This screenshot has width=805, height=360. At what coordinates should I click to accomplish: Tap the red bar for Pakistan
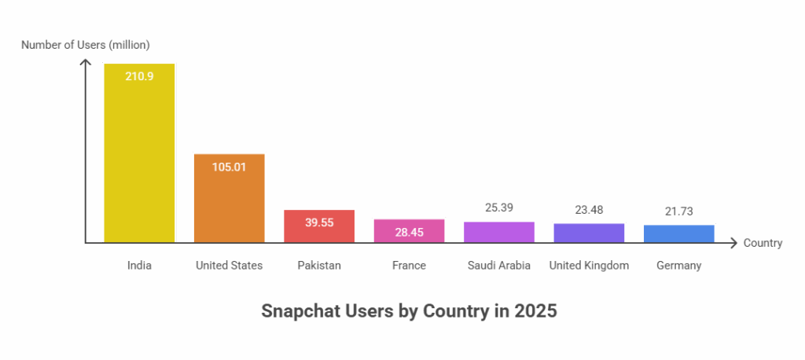[x=319, y=226]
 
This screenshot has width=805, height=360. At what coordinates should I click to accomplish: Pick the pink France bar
[x=409, y=230]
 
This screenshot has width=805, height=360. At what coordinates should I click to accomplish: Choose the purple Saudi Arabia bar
[x=499, y=232]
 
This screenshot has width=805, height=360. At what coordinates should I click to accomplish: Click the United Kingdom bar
[x=589, y=233]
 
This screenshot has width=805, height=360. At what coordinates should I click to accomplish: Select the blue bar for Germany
[x=678, y=233]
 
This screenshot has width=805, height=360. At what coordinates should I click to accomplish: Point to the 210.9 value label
[x=139, y=76]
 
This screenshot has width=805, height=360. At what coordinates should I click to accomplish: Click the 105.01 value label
[x=230, y=167]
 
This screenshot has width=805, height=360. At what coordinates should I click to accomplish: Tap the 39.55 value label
[x=319, y=222]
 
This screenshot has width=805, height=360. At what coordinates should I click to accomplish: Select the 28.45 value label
[x=409, y=232]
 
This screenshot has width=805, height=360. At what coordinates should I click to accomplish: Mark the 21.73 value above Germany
[x=678, y=212]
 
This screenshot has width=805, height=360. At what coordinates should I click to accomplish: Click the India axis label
[x=139, y=266]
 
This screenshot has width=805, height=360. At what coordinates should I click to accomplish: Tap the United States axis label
[x=229, y=266]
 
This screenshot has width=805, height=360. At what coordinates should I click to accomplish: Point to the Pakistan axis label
[x=319, y=266]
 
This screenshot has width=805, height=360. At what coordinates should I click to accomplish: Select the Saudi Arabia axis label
[x=499, y=266]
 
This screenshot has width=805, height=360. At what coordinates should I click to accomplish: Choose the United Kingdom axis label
[x=589, y=266]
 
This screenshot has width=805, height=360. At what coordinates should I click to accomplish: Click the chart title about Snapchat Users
[x=409, y=311]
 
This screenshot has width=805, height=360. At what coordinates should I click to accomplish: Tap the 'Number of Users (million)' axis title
[x=85, y=45]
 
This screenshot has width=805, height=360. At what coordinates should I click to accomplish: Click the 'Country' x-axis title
[x=763, y=244]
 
